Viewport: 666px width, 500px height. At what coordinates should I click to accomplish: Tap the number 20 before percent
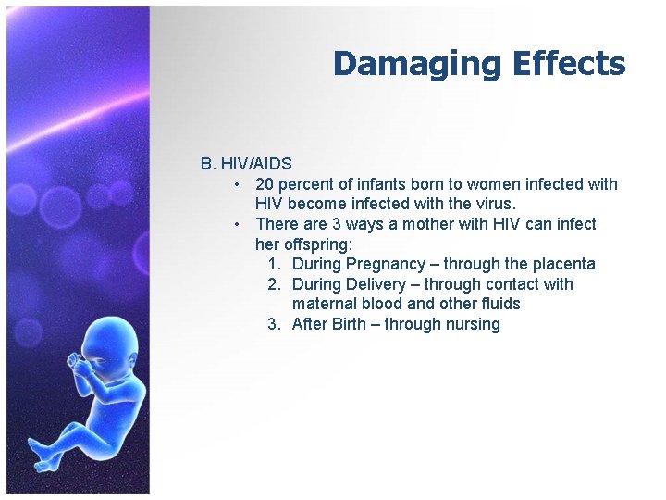tap(265, 184)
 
